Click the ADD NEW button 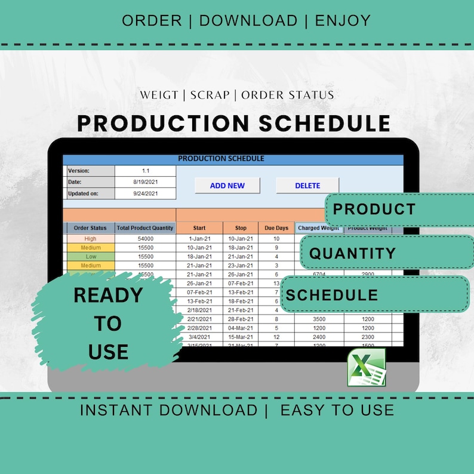pyautogui.click(x=227, y=186)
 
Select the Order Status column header pyautogui.click(x=90, y=228)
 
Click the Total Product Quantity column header pyautogui.click(x=146, y=228)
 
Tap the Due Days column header pyautogui.click(x=276, y=228)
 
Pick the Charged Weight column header pyautogui.click(x=318, y=228)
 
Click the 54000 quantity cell pyautogui.click(x=146, y=238)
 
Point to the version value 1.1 pyautogui.click(x=146, y=171)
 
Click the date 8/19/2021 pyautogui.click(x=146, y=182)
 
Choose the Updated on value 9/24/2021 pyautogui.click(x=146, y=193)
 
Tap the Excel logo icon pyautogui.click(x=367, y=368)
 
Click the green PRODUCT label pyautogui.click(x=374, y=210)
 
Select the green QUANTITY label pyautogui.click(x=352, y=253)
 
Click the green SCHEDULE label pyautogui.click(x=332, y=295)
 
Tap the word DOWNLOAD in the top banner pyautogui.click(x=248, y=20)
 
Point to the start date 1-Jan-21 pyautogui.click(x=199, y=238)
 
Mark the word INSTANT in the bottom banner pyautogui.click(x=116, y=410)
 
